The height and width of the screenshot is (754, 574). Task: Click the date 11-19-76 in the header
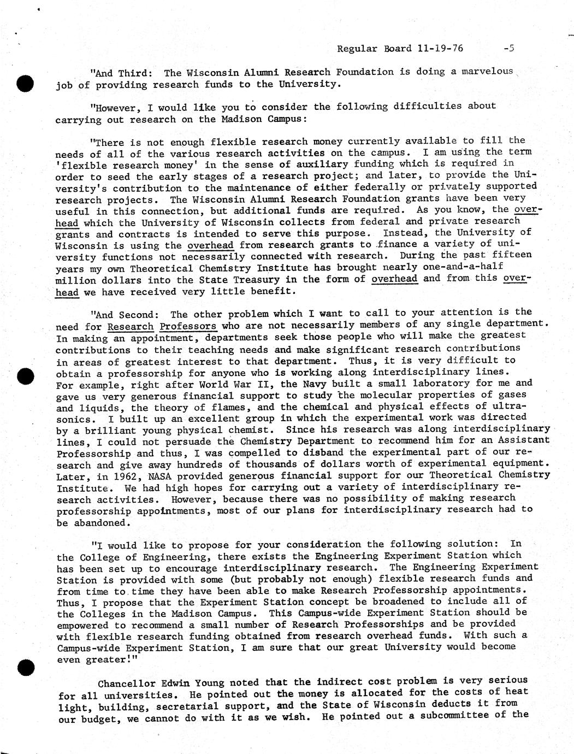(x=440, y=48)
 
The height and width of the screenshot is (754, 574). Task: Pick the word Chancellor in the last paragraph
(x=126, y=684)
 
